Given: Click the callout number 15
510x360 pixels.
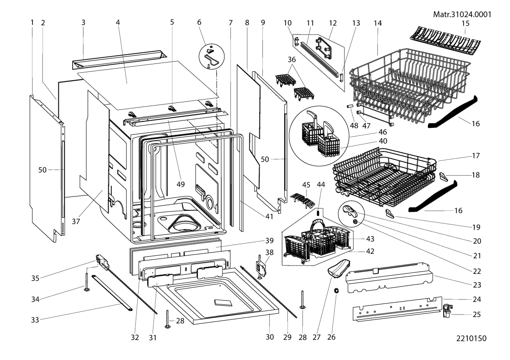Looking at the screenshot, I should coord(478,22).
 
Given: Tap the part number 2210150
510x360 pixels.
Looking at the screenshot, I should coord(472,346).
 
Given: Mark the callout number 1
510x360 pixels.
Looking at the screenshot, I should coord(32,22).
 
